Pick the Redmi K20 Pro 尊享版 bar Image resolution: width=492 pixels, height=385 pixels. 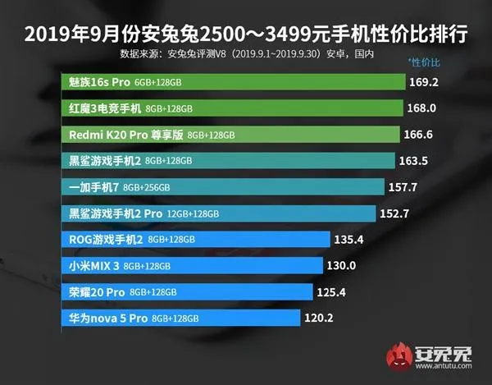(230, 135)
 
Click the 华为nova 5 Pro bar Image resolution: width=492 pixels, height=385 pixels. (180, 318)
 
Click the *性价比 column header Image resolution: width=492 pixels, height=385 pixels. (424, 62)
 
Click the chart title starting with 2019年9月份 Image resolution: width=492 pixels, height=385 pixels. (246, 34)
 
